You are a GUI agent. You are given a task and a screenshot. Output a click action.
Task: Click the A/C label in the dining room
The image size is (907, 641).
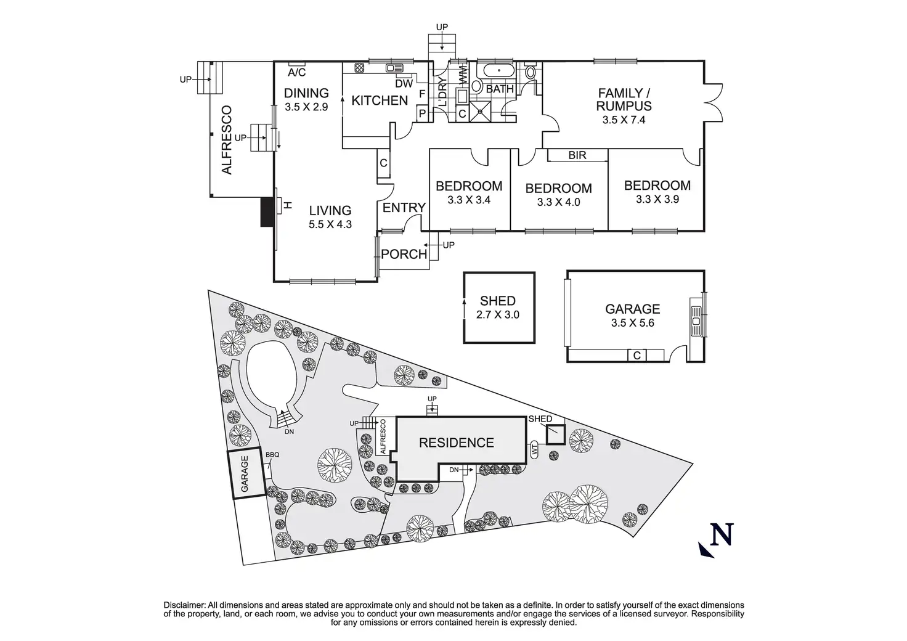tap(297, 73)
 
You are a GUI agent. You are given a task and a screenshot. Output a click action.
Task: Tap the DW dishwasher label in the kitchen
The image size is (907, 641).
tap(404, 84)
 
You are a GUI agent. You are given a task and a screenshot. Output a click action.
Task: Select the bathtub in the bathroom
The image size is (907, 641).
tap(495, 70)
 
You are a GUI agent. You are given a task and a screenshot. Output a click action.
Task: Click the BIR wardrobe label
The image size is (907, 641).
tap(577, 155)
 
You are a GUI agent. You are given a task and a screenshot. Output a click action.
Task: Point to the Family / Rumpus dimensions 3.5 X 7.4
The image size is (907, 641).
tap(624, 120)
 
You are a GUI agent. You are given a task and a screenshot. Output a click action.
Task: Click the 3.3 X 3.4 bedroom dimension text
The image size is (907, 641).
tap(469, 200)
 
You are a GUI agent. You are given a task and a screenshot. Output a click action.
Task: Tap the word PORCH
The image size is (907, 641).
tap(404, 255)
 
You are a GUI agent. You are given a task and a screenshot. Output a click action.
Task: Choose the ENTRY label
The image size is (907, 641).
tap(404, 208)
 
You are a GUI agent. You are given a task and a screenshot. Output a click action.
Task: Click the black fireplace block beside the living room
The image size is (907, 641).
tap(267, 212)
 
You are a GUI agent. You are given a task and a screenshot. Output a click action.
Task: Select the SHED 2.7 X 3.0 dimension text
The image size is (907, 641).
tap(498, 314)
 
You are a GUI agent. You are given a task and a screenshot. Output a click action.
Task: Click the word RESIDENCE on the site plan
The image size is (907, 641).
tap(457, 443)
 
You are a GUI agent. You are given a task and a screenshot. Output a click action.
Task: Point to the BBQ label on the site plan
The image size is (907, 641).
tap(272, 455)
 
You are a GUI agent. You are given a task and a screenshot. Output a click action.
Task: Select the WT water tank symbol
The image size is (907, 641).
tap(534, 449)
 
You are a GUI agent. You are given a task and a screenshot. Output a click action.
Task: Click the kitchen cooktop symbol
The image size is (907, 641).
tap(359, 68)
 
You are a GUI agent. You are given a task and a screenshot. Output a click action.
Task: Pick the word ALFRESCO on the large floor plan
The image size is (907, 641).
tap(227, 140)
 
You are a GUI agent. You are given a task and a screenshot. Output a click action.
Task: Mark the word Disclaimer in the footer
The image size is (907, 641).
tap(184, 605)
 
